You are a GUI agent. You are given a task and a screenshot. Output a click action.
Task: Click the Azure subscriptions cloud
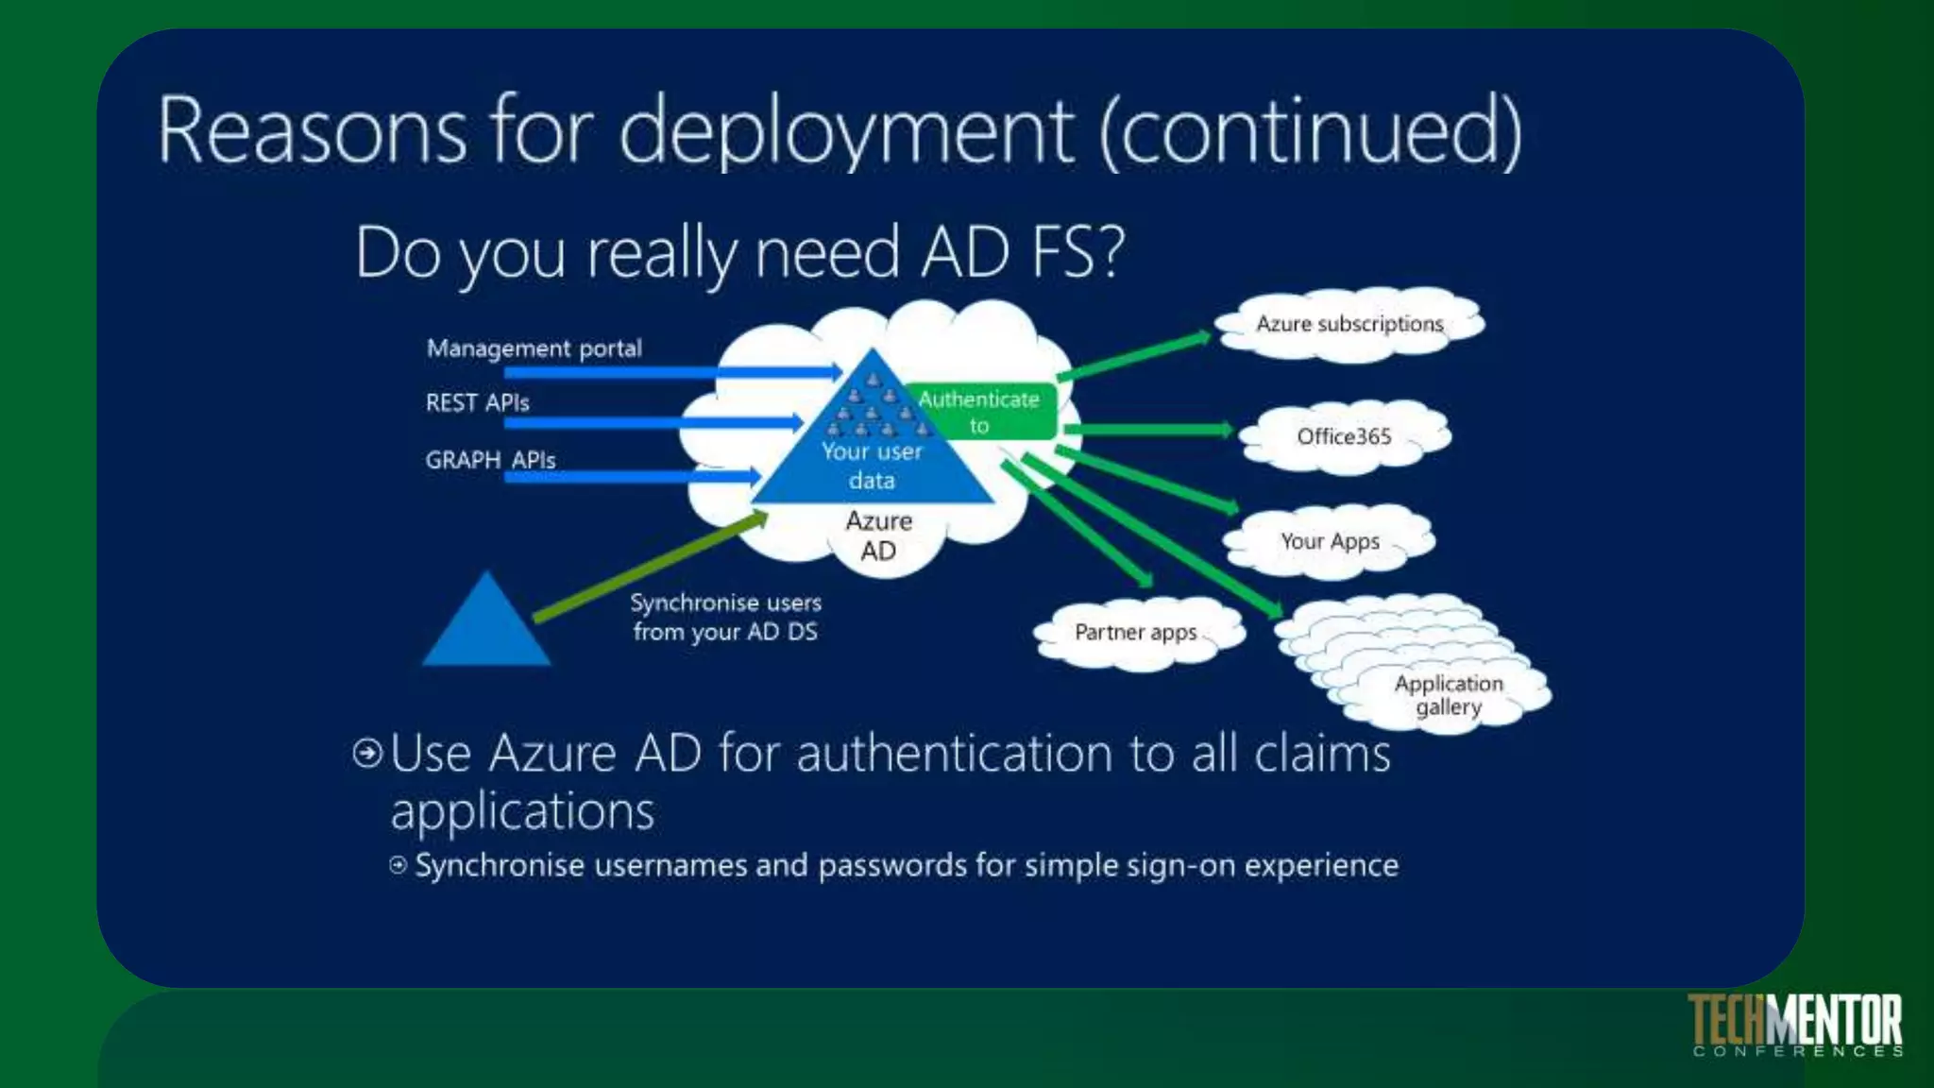(x=1349, y=324)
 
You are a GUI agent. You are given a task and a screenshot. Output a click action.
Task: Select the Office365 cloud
(x=1344, y=436)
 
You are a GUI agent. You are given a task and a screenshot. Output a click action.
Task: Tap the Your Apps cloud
(x=1330, y=541)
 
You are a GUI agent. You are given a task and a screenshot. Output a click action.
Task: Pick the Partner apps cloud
(x=1136, y=632)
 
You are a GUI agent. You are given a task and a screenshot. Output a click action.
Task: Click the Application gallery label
(x=1449, y=695)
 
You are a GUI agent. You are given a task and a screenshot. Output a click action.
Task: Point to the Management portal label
(x=534, y=348)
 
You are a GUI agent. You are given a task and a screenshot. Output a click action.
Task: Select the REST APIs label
(x=478, y=403)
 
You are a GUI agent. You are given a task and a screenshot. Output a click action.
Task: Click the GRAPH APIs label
(x=490, y=460)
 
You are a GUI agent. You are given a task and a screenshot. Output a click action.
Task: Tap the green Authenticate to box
(x=980, y=413)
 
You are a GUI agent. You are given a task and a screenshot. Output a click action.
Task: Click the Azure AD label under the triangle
(x=878, y=535)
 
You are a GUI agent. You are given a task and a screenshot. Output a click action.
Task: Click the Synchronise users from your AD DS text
(x=725, y=617)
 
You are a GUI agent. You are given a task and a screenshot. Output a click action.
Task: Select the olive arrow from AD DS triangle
(x=652, y=567)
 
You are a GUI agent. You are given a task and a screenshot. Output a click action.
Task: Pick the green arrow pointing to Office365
(x=1147, y=430)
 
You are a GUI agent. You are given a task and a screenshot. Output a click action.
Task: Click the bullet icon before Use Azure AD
(x=367, y=753)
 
